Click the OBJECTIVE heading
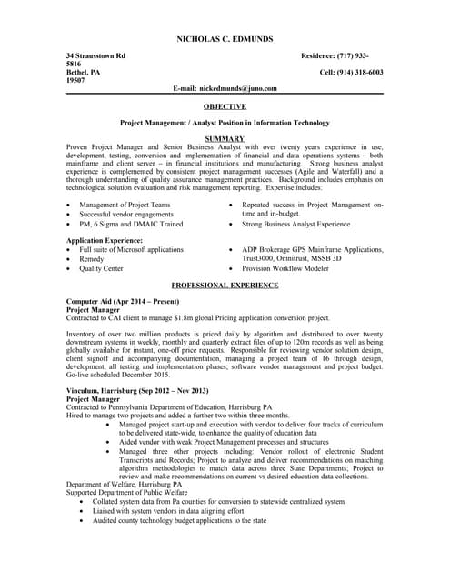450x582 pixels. [x=225, y=106]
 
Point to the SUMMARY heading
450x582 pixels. [x=225, y=138]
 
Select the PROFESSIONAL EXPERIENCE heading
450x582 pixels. [x=225, y=285]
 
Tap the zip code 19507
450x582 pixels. [x=75, y=80]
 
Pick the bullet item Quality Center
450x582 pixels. [x=101, y=269]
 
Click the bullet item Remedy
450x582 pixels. [x=94, y=259]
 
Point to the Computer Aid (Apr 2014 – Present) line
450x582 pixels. [x=124, y=301]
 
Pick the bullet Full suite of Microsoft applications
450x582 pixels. [x=131, y=249]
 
